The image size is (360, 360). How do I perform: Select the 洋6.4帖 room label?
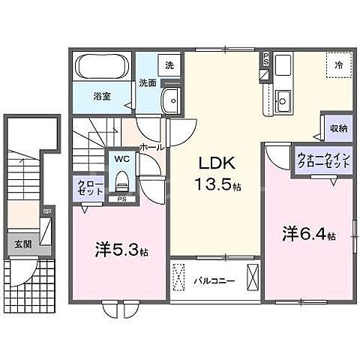(x=308, y=234)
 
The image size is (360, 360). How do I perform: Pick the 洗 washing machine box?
(x=169, y=65)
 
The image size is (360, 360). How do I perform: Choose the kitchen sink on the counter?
(x=283, y=97)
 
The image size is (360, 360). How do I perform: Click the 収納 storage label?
(x=338, y=127)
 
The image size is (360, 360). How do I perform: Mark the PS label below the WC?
(x=122, y=199)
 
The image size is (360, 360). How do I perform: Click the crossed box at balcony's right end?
(x=253, y=277)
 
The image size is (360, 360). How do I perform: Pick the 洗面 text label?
(x=148, y=83)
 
